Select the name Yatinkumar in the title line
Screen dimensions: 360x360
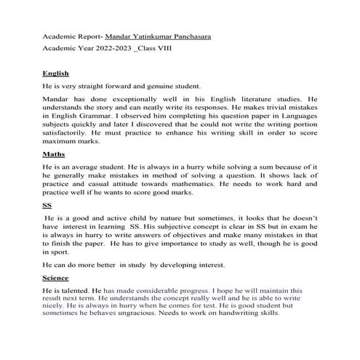[x=148, y=36]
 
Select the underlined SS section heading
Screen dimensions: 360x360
[x=47, y=206]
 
